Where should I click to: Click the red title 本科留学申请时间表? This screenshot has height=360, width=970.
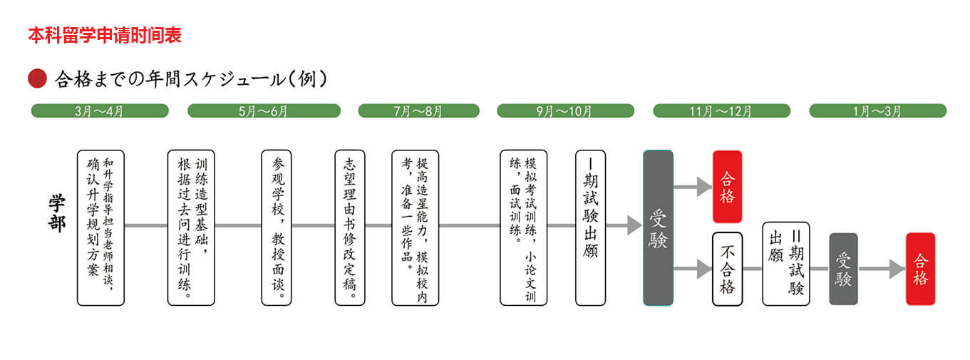pyautogui.click(x=105, y=36)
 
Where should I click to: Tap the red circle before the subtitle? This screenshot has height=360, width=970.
pyautogui.click(x=37, y=78)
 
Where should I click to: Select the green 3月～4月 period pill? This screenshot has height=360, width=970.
pyautogui.click(x=100, y=111)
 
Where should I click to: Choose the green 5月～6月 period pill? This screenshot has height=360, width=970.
pyautogui.click(x=263, y=111)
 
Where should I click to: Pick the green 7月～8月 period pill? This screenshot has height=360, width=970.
pyautogui.click(x=418, y=111)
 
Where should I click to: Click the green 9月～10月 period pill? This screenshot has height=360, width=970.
pyautogui.click(x=565, y=111)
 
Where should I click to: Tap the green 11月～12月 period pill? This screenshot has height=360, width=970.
pyautogui.click(x=721, y=111)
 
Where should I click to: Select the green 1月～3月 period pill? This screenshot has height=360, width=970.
pyautogui.click(x=877, y=111)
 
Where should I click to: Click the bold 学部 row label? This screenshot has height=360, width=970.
pyautogui.click(x=56, y=213)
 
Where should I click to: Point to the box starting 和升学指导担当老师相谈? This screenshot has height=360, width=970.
pyautogui.click(x=100, y=227)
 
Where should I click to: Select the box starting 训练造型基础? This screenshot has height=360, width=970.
pyautogui.click(x=191, y=227)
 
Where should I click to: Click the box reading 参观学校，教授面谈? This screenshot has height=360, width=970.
pyautogui.click(x=277, y=227)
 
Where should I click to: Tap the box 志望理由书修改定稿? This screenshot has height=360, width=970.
pyautogui.click(x=349, y=227)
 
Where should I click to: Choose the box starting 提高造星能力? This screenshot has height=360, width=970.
pyautogui.click(x=415, y=227)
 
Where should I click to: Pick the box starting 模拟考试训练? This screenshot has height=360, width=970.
pyautogui.click(x=523, y=227)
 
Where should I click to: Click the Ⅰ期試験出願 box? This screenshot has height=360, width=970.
pyautogui.click(x=591, y=227)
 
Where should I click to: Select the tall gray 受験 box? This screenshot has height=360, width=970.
pyautogui.click(x=658, y=227)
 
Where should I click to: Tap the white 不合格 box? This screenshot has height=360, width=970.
pyautogui.click(x=727, y=269)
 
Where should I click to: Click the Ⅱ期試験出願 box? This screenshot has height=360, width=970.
pyautogui.click(x=786, y=264)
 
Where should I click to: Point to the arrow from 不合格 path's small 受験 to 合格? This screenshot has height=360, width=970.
pyautogui.click(x=882, y=269)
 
